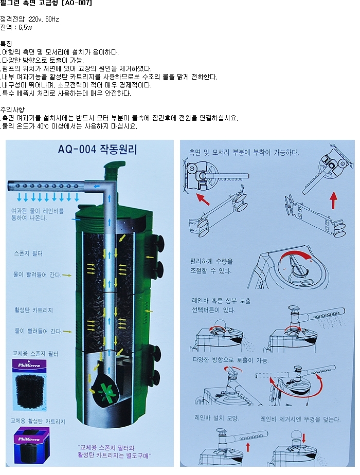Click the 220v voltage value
35,20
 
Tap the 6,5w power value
25,28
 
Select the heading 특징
6,44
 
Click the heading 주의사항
12,109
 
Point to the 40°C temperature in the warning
43,126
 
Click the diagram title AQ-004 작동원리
97,150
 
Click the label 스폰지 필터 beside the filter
28,253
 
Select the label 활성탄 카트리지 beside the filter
33,310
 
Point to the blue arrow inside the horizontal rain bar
96,186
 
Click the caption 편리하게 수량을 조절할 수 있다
211,266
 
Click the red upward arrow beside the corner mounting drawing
333,200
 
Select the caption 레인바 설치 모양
217,418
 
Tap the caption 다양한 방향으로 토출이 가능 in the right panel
231,360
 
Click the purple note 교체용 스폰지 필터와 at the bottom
106,447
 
